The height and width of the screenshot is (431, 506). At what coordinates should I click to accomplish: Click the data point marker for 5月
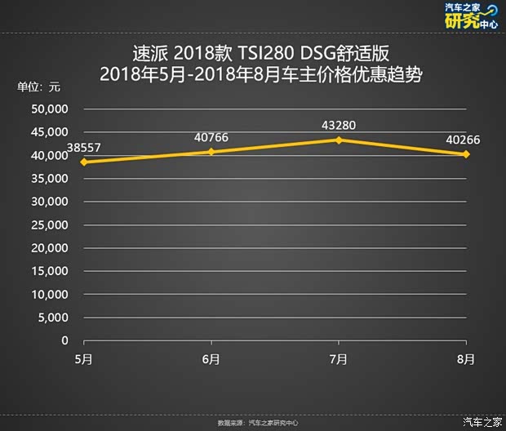coord(83,162)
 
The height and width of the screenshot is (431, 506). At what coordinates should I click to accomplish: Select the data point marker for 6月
coord(211,152)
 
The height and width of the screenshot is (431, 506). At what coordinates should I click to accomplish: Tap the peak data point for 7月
coord(339,140)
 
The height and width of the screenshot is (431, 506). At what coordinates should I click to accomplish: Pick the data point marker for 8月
coord(466,153)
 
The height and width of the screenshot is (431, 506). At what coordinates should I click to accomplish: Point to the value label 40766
coord(211,137)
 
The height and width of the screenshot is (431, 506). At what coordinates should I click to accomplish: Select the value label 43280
coord(339,126)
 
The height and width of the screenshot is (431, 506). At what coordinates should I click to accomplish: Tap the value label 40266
coord(463,140)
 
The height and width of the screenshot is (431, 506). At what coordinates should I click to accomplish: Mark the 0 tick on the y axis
coord(64,340)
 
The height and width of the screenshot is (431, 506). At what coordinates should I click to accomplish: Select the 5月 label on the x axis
coord(83,358)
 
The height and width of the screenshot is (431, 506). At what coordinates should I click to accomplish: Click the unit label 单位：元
coord(38,87)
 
